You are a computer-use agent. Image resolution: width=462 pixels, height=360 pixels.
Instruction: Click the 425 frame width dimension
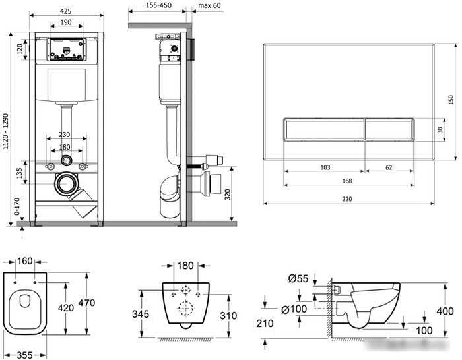pyautogui.click(x=66, y=11)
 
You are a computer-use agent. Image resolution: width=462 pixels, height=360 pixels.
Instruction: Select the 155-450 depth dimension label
pyautogui.click(x=159, y=5)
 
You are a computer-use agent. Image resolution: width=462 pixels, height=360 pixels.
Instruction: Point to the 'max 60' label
pyautogui.click(x=209, y=5)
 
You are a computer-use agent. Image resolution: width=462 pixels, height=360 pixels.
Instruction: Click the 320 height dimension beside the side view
pyautogui.click(x=228, y=195)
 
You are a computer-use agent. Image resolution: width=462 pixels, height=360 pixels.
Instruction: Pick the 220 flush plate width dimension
pyautogui.click(x=347, y=199)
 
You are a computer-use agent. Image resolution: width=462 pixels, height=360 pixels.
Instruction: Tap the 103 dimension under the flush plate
pyautogui.click(x=325, y=167)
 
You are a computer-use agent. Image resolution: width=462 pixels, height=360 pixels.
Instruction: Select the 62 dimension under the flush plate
pyautogui.click(x=389, y=167)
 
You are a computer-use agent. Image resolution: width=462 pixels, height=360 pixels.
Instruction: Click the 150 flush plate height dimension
pyautogui.click(x=451, y=100)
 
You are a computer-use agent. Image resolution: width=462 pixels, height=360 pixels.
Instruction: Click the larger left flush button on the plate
pyautogui.click(x=325, y=129)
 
